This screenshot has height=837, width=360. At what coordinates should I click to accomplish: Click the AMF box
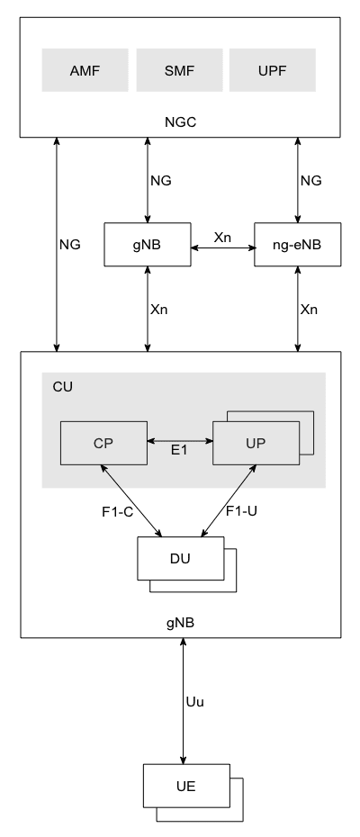85,70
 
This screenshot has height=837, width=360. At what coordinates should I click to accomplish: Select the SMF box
179,70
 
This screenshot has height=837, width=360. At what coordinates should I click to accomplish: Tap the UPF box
273,70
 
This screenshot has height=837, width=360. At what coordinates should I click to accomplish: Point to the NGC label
181,122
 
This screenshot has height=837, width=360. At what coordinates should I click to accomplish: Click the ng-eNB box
298,245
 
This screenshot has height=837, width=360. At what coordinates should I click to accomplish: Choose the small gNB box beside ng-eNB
148,245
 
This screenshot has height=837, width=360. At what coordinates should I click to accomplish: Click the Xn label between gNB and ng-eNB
222,238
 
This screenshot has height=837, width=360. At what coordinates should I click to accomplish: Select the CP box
103,443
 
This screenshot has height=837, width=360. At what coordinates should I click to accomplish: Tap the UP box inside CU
256,443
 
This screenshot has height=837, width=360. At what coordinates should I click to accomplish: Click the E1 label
179,450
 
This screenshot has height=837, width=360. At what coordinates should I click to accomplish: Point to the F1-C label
118,512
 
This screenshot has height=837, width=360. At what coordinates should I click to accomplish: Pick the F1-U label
241,511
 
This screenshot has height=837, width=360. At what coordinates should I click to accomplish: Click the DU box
181,558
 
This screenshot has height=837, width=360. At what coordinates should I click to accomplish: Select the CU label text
62,387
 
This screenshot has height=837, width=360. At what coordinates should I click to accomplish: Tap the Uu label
195,702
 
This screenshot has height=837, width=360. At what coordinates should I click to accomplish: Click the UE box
186,786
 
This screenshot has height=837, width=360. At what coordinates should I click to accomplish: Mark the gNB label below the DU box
181,623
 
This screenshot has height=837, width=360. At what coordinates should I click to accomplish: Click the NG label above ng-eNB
310,180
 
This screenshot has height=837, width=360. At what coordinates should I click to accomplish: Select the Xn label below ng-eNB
309,309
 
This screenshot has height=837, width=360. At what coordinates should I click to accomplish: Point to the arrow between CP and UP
180,441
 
